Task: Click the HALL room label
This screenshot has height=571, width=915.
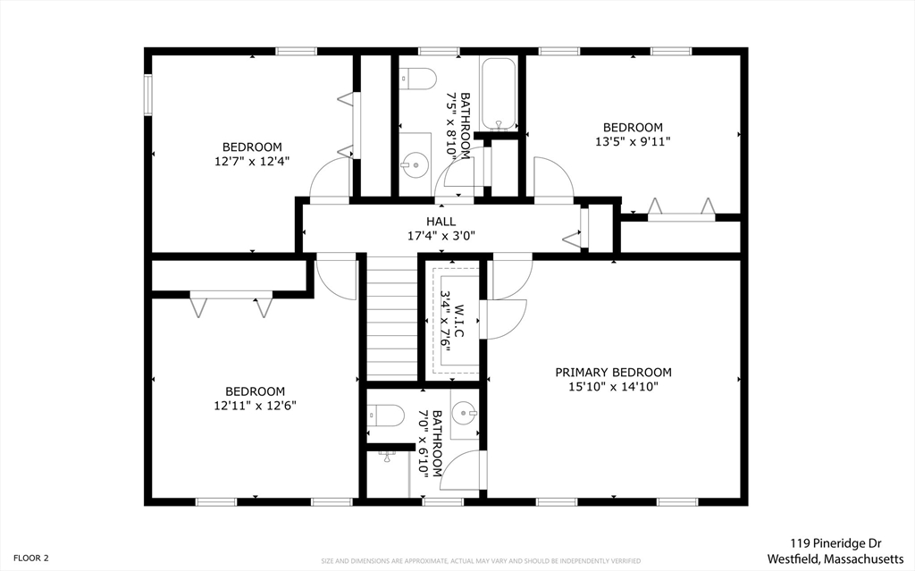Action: pos(441,222)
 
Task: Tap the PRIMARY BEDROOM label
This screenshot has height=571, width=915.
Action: pos(613,373)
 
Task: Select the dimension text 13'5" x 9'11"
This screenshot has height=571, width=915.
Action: pos(633,141)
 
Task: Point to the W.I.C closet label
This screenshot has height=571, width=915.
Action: pos(459,321)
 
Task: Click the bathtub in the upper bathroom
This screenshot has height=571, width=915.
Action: pos(499,95)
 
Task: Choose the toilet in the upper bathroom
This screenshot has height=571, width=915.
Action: pos(418,79)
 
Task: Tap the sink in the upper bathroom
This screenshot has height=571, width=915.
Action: pos(416,164)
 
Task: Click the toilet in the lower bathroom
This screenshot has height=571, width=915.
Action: pos(386,416)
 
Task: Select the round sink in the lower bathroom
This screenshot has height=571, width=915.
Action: pos(465,414)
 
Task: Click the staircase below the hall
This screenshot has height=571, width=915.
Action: pos(392,317)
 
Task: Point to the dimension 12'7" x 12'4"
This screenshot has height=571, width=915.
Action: pos(252,161)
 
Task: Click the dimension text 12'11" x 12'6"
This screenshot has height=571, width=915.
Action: pos(255,406)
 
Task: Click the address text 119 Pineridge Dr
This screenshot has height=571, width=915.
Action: pos(835,543)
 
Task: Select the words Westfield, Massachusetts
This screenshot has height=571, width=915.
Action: pos(835,558)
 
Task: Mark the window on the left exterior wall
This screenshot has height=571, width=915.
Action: pos(148,95)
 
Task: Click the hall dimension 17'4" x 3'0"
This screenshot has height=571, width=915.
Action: pos(441,237)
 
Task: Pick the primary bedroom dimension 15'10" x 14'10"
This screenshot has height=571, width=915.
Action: pos(613,387)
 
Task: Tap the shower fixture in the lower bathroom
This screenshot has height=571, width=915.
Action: pos(388,457)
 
